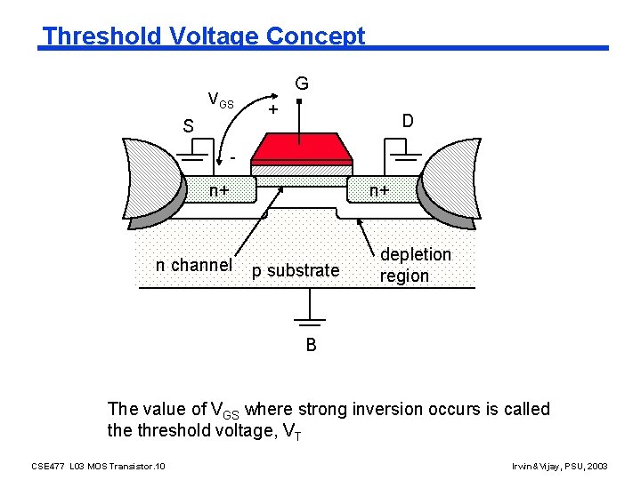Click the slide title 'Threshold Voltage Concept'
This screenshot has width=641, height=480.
click(204, 36)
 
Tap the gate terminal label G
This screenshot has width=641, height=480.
click(302, 84)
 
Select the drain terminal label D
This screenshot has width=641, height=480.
click(407, 120)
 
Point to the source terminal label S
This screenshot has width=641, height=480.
click(188, 127)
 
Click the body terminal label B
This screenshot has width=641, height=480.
click(311, 345)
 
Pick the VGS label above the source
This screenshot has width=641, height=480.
click(220, 100)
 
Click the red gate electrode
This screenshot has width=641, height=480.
click(301, 148)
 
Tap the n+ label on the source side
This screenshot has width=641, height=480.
click(219, 189)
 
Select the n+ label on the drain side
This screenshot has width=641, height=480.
click(380, 189)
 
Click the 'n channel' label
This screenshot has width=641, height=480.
click(193, 265)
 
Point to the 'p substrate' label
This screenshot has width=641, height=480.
click(295, 270)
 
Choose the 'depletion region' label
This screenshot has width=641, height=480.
click(416, 265)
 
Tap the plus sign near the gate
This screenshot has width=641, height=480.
click(273, 109)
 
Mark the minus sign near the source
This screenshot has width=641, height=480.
click(232, 157)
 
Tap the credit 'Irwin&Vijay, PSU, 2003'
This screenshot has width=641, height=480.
click(561, 466)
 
